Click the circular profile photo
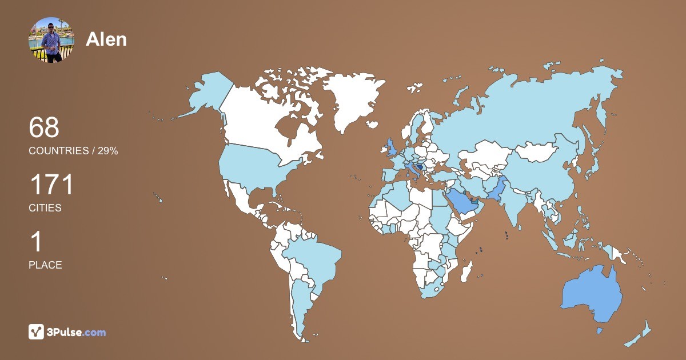(x=51, y=39)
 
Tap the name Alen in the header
(x=106, y=39)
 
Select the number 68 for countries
(x=44, y=127)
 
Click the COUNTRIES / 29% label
(x=73, y=151)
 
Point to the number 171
(x=51, y=185)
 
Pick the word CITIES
(x=45, y=208)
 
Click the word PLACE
(x=45, y=265)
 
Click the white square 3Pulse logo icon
(x=36, y=331)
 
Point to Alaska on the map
(x=206, y=94)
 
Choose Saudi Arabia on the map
(x=460, y=201)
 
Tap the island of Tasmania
(x=600, y=330)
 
